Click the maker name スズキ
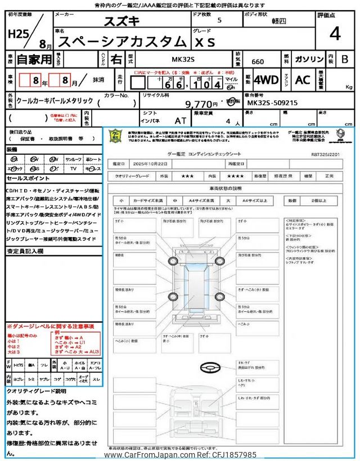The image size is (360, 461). coord(122,22)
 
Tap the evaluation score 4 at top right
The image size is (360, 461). coord(335,34)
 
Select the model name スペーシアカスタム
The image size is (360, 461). coord(122,41)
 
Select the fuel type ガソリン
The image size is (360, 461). coord(309,59)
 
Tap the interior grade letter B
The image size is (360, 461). coord(344,59)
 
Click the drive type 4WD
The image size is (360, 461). coord(266,80)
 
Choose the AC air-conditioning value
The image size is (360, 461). coord(303,80)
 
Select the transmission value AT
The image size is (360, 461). coord(181,120)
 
